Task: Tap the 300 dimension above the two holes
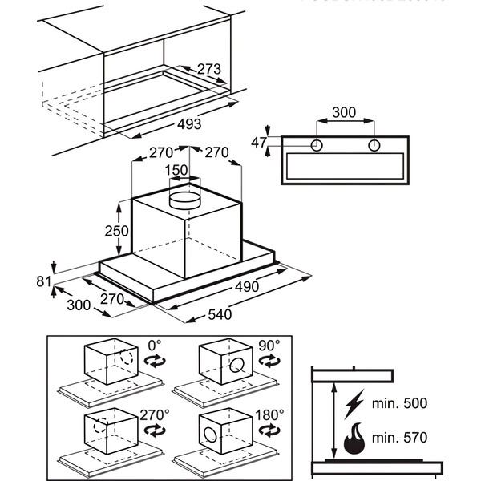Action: point(344,112)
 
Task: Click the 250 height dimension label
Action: point(117,230)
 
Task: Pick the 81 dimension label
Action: point(43,281)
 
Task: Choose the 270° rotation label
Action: point(155,414)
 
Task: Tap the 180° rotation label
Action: point(271,414)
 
